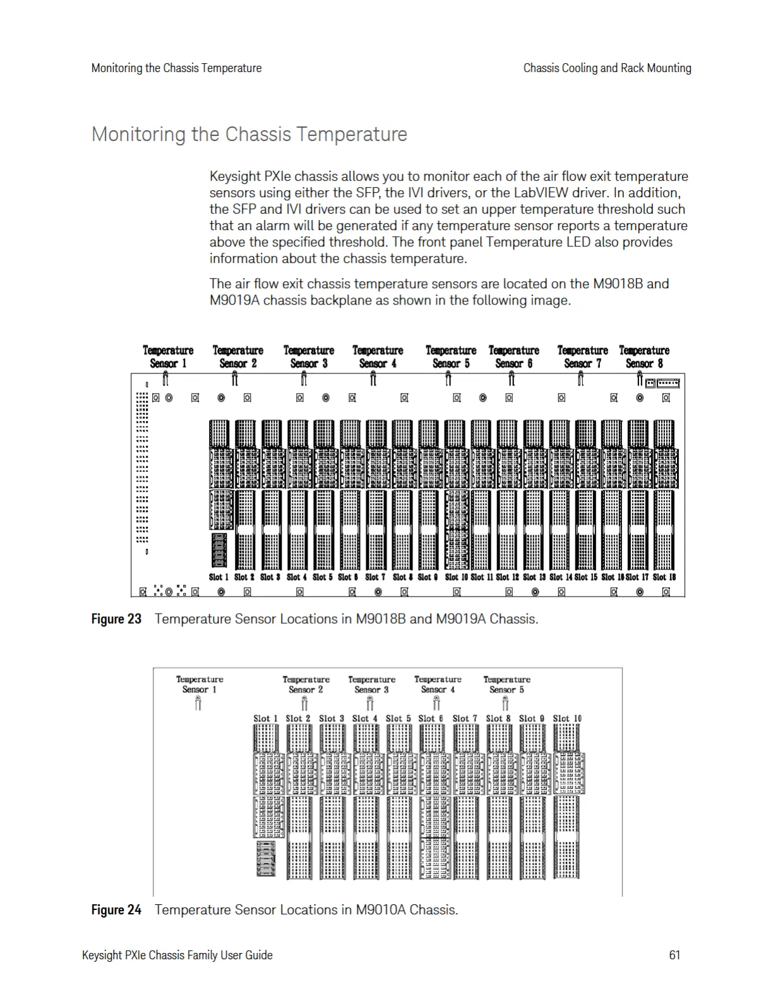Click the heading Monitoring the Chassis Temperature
click(249, 135)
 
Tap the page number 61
click(674, 955)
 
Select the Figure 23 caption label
click(116, 619)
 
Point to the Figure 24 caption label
click(116, 909)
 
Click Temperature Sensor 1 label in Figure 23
click(168, 356)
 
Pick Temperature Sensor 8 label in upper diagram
click(644, 356)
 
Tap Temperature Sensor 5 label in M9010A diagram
click(506, 684)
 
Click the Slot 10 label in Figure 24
click(567, 719)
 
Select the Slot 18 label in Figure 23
click(664, 577)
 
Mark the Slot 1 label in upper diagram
click(219, 577)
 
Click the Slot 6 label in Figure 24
click(431, 719)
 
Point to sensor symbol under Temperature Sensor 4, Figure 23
click(373, 379)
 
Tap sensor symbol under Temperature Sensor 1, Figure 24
click(198, 703)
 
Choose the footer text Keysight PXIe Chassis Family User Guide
click(177, 955)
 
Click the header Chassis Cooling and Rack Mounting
click(607, 68)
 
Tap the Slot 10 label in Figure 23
click(457, 577)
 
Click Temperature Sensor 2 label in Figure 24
click(306, 684)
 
